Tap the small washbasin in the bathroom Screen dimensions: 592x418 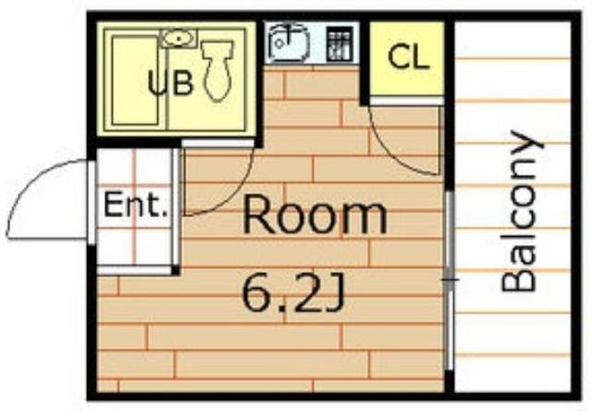tap(179, 39)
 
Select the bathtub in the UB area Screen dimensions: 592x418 tap(135, 80)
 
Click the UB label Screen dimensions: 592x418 tap(170, 83)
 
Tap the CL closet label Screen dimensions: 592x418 tap(409, 57)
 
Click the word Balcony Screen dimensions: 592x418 tap(522, 212)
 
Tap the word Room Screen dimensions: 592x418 tap(315, 217)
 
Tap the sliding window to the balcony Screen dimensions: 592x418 tap(450, 280)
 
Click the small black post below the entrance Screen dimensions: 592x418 tap(175, 270)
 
